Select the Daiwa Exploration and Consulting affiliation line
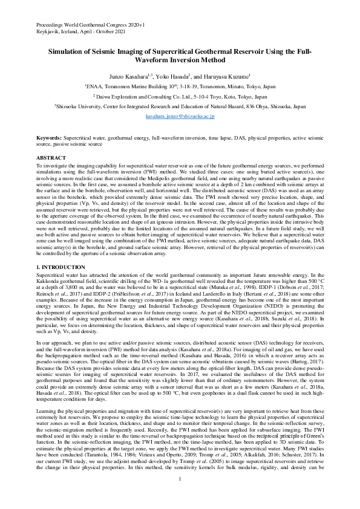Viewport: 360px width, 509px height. pyautogui.click(x=180, y=96)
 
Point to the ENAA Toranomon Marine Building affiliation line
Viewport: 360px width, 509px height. pyautogui.click(x=180, y=86)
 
